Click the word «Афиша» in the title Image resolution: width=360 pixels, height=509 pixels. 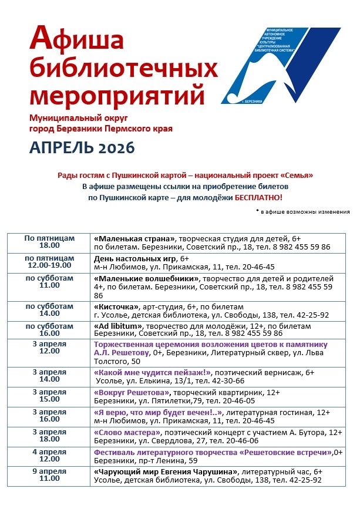pos(76,40)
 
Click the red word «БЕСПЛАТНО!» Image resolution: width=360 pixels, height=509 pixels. pos(258,198)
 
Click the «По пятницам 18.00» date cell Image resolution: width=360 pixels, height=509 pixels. pos(49,242)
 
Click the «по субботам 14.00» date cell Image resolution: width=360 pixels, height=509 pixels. pos(49,310)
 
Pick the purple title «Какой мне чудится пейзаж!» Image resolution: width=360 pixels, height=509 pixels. pos(153,373)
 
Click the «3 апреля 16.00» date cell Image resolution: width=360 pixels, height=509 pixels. pos(49,415)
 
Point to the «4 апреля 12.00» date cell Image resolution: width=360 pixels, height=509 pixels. pos(49,456)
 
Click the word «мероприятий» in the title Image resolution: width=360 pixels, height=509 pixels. pos(117,95)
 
